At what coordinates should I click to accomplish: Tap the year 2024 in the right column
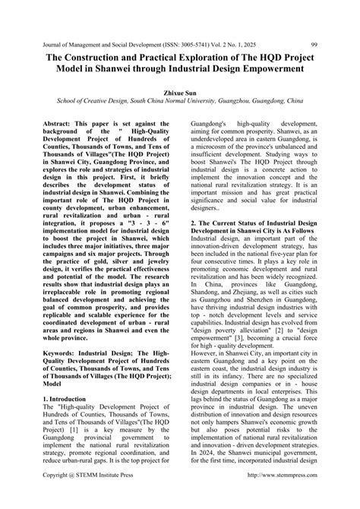point(201,479)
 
